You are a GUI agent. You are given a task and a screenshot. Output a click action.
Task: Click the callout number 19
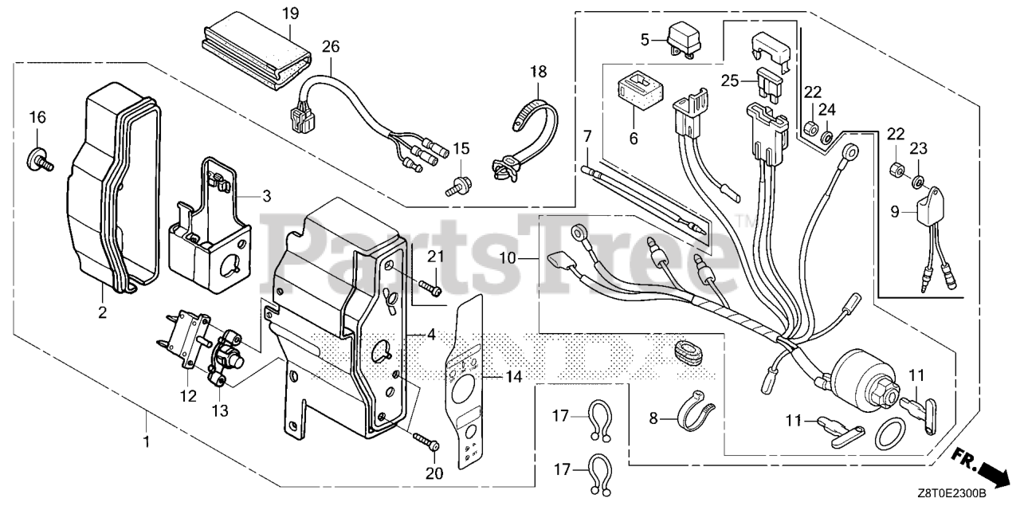pos(291,14)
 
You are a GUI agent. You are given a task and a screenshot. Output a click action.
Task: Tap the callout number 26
pos(330,45)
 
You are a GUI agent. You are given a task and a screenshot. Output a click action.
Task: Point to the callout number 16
pos(38,118)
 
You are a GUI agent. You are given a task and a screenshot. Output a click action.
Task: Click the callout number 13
pos(220,410)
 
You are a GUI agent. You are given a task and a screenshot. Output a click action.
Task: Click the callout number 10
pos(511,258)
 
